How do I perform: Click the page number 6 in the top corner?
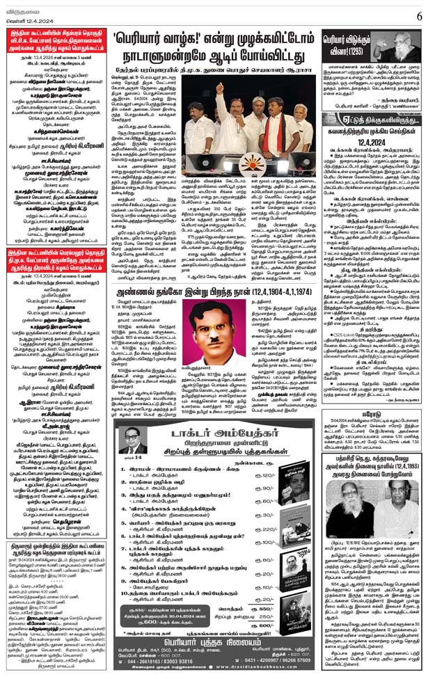click(x=418, y=13)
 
